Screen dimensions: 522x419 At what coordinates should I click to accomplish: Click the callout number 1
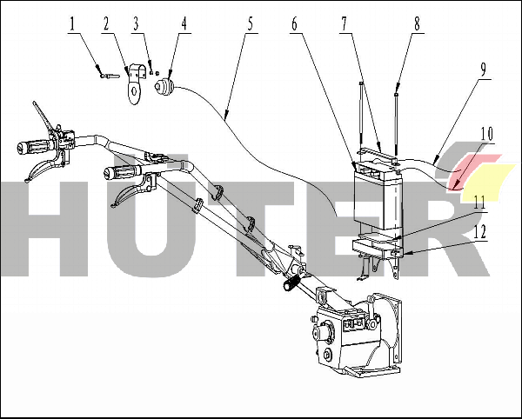[x=72, y=24]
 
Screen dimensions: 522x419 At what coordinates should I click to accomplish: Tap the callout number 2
[x=106, y=24]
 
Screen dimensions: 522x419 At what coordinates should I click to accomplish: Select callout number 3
[x=137, y=24]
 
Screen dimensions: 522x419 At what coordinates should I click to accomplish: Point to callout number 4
[x=184, y=24]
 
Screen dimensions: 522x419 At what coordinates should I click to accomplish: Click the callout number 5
[x=250, y=24]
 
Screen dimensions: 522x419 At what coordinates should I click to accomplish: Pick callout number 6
[x=294, y=24]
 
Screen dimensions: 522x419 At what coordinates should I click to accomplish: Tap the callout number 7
[x=344, y=24]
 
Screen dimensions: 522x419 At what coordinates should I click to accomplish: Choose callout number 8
[x=417, y=24]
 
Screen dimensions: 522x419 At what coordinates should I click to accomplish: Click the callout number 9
[x=483, y=70]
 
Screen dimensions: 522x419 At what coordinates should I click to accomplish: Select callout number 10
[x=486, y=134]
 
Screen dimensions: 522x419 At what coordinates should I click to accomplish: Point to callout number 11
[x=479, y=203]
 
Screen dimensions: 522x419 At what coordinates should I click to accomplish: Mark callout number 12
[x=479, y=232]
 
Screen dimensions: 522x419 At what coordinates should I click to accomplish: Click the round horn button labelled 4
[x=164, y=88]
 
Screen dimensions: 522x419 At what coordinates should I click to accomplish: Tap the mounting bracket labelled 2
[x=136, y=83]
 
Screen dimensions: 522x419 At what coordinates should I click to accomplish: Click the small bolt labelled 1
[x=110, y=76]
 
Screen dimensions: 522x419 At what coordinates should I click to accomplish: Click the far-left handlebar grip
[x=34, y=146]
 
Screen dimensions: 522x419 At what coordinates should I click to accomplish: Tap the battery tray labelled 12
[x=378, y=248]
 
